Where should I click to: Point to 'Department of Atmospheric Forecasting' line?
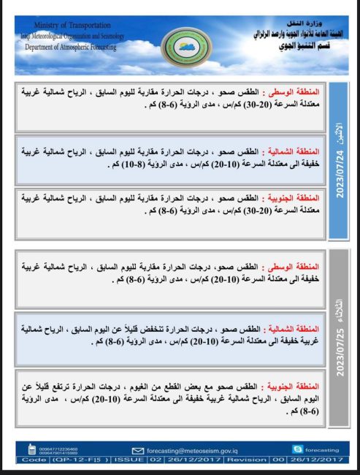point(71,46)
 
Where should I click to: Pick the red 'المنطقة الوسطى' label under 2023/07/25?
point(300,267)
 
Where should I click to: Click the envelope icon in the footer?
point(138,450)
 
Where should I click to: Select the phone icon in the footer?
point(31,449)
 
